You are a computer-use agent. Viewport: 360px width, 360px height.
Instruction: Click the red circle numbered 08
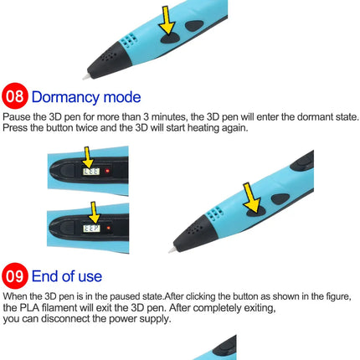pos(15,95)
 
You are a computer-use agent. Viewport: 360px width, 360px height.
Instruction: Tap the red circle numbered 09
pos(15,275)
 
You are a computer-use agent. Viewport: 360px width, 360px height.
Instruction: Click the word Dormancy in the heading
pos(65,97)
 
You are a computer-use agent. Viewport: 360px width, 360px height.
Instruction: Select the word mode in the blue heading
pos(122,97)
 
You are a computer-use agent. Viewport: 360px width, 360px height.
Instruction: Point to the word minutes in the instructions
pos(169,116)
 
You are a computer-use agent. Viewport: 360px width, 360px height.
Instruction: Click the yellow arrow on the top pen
pos(167,20)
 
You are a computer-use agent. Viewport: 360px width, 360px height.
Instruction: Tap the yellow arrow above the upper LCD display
pos(88,157)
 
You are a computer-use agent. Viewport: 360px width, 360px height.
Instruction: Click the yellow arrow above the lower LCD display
pos(94,213)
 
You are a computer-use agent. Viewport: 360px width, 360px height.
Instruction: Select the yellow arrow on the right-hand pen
pos(251,198)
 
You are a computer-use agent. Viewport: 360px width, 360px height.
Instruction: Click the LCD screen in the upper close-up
pos(91,172)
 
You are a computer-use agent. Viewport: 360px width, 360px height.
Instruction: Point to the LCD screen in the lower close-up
pos(91,228)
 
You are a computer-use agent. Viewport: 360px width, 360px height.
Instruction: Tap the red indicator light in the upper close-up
pos(107,171)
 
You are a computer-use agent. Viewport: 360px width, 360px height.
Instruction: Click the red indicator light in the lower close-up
pos(109,228)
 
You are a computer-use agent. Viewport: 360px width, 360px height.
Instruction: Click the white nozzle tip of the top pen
pos(86,76)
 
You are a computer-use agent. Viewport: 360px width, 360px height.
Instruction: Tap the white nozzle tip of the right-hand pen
pos(172,249)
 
